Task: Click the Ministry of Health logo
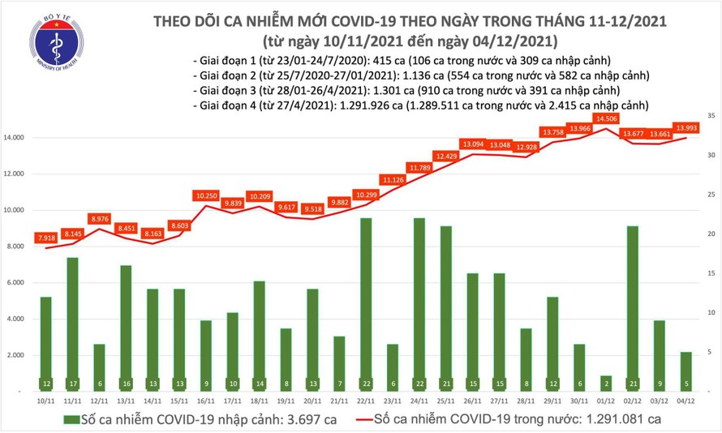click(54, 41)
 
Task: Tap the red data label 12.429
click(446, 156)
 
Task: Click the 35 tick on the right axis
click(710, 117)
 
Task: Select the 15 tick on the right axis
click(710, 274)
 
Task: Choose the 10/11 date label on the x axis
click(45, 401)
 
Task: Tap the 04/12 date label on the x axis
click(686, 401)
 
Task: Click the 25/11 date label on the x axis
click(446, 401)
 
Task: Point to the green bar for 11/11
click(72, 324)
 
